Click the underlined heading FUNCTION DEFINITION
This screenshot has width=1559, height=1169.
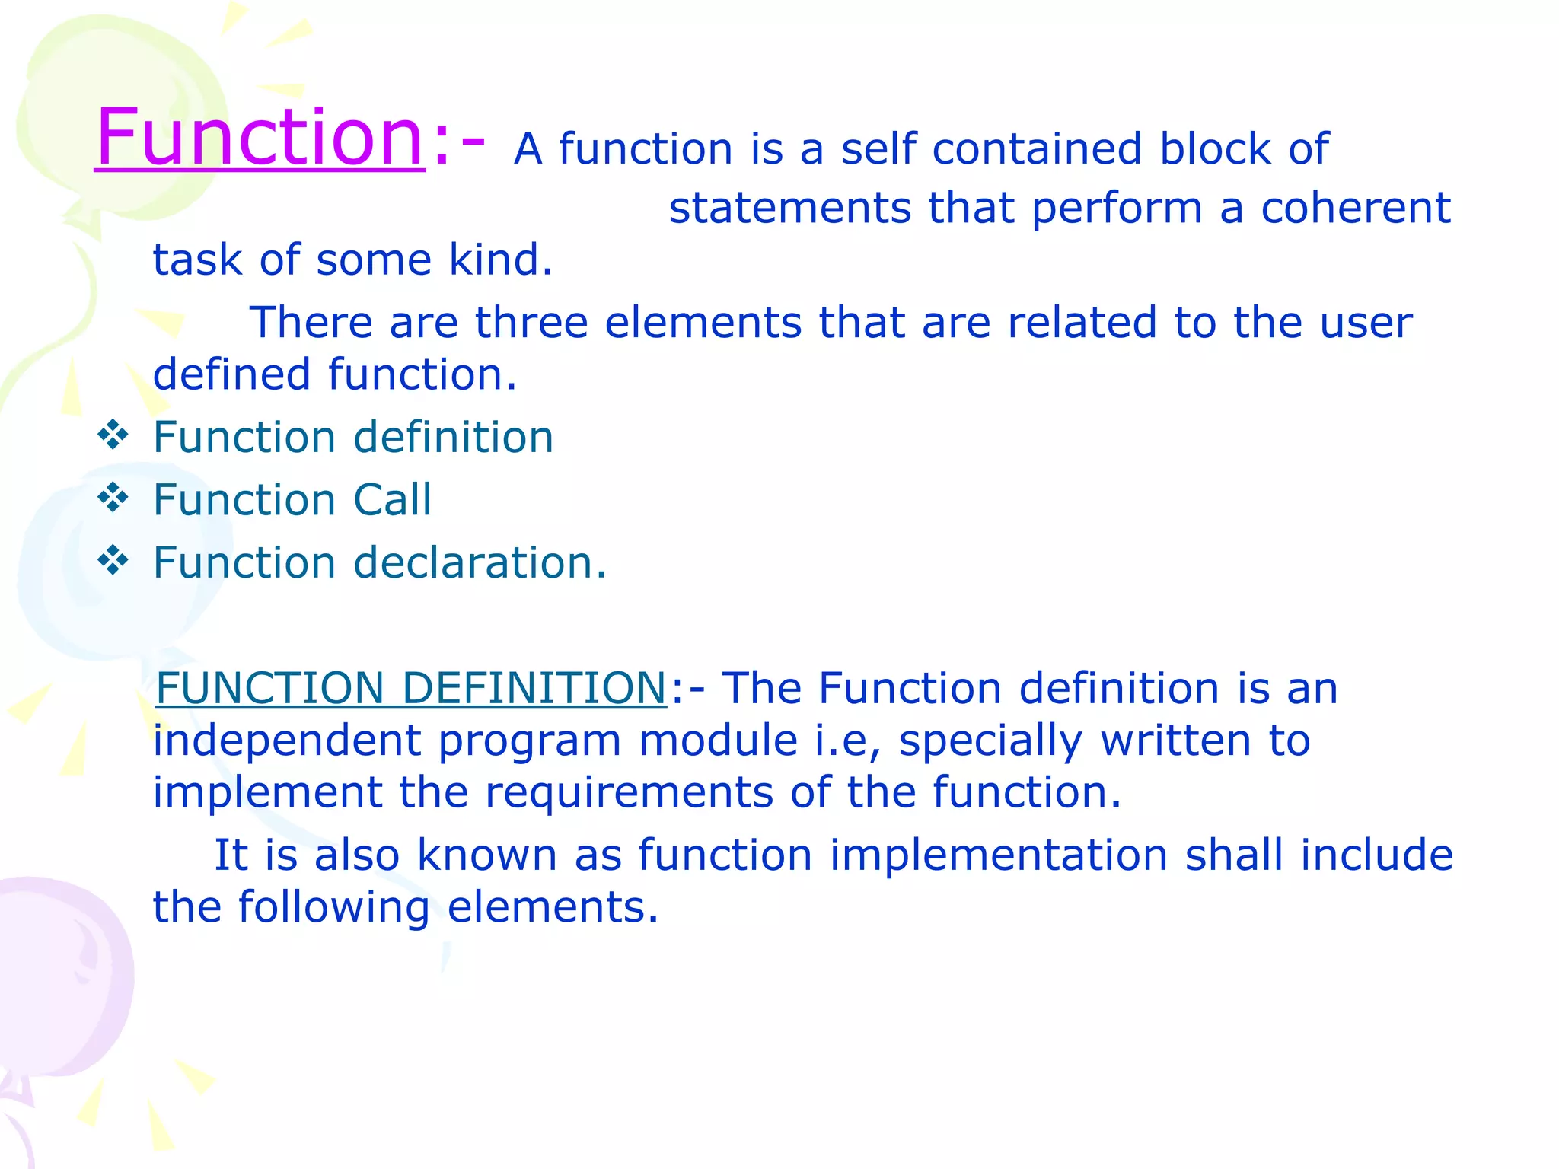pos(411,688)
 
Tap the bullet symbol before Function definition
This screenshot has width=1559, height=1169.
pos(113,436)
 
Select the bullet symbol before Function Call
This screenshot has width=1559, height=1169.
pos(113,498)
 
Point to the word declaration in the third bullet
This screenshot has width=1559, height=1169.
pos(480,562)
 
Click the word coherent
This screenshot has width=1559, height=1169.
pos(1356,208)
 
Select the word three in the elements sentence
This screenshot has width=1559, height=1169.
pos(531,323)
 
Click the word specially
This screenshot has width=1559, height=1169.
pos(990,741)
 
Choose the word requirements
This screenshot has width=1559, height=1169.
pos(629,793)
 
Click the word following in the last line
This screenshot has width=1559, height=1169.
pos(333,907)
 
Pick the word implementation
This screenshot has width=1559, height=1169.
pos(998,855)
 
